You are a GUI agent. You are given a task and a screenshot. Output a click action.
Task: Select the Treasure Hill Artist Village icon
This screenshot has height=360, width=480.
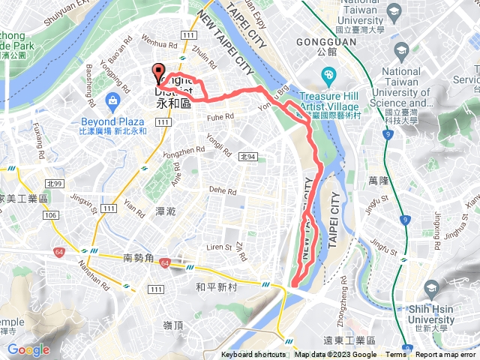pos(328,76)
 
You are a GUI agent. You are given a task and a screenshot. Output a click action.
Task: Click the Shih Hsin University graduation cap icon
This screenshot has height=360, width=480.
pos(431,290)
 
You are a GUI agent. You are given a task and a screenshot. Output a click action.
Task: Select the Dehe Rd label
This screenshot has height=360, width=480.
pos(223,190)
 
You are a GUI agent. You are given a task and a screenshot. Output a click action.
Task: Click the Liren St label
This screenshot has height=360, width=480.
pos(219,246)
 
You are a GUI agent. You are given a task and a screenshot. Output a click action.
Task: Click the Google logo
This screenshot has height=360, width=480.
pos(28,349)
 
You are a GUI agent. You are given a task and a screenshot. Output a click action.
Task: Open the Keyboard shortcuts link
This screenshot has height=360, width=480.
pos(253,355)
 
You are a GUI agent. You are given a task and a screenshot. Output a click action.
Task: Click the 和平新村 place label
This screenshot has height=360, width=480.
pos(216,286)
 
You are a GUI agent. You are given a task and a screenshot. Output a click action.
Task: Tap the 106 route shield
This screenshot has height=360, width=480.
pos(51,216)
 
